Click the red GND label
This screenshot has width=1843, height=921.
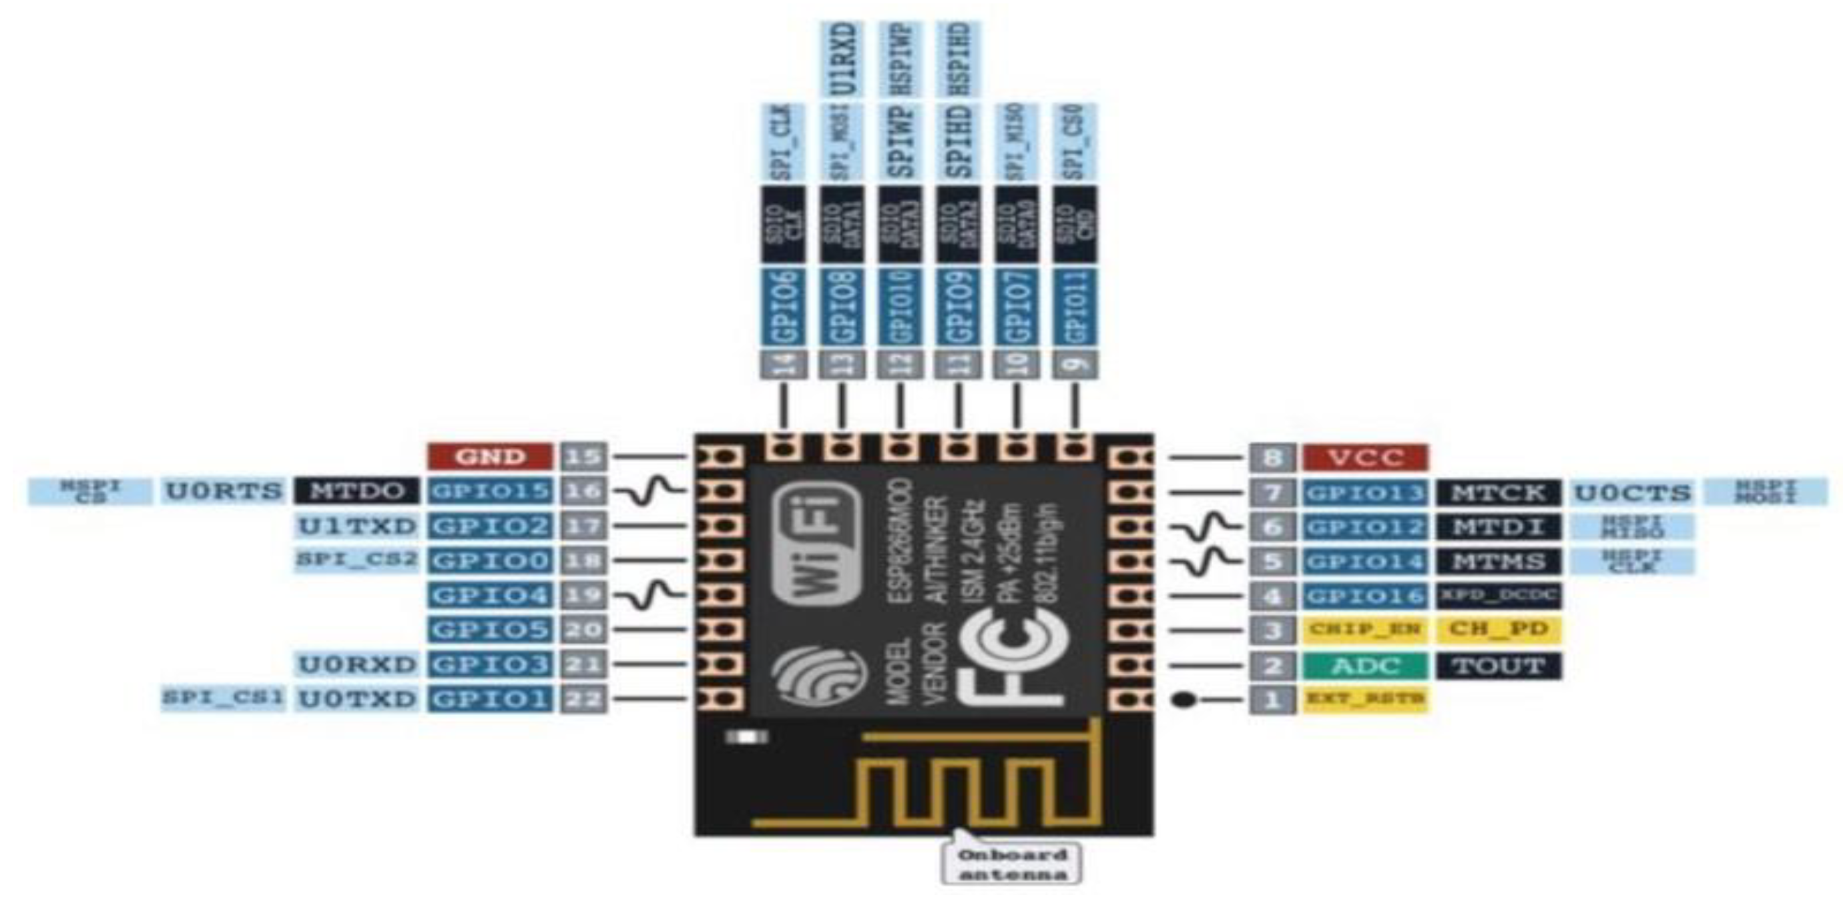coord(490,456)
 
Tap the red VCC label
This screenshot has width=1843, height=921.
coord(1365,457)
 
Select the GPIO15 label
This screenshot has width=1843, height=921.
coord(490,492)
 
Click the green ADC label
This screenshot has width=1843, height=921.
coord(1365,666)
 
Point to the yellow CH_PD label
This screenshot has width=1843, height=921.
coord(1498,630)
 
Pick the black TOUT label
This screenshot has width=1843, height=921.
coord(1498,666)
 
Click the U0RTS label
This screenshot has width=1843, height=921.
coord(223,492)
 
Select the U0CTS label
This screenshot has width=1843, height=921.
coord(1633,493)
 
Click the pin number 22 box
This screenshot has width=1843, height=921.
coord(583,699)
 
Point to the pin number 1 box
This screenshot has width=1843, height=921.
coord(1272,700)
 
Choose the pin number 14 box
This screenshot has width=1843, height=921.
coord(784,365)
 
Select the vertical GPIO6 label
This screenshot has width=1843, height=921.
coord(784,307)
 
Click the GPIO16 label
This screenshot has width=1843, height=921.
coord(1365,596)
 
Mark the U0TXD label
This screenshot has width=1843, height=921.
coord(356,699)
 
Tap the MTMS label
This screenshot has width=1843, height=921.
coord(1498,562)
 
